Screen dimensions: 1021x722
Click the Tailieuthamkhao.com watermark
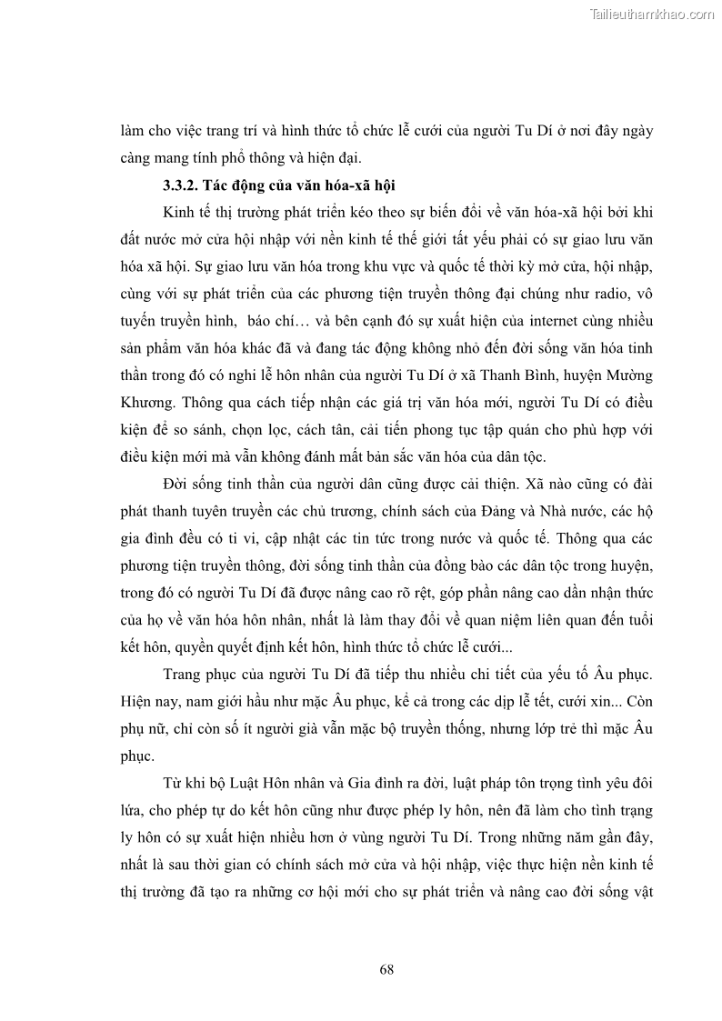(652, 14)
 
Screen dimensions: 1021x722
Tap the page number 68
(386, 968)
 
